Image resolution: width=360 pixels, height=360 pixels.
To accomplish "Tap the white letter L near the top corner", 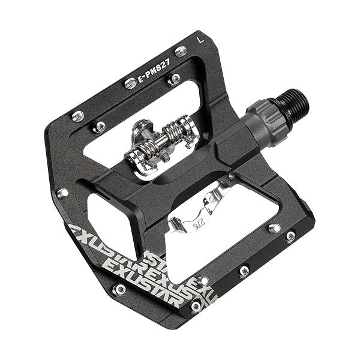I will tap(199, 40).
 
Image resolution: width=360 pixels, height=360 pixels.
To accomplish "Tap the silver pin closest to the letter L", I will tap(180, 52).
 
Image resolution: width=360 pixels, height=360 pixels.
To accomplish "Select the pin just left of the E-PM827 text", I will tap(130, 83).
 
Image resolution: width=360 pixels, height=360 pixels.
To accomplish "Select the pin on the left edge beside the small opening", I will tap(62, 193).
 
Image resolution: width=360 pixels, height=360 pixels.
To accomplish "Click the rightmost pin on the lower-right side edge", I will tap(290, 236).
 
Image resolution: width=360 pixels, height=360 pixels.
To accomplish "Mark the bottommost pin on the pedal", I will tap(196, 307).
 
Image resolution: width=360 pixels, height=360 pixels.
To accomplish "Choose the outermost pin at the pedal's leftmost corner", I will tap(76, 115).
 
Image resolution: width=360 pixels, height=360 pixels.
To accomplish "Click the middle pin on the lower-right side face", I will tap(244, 271).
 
